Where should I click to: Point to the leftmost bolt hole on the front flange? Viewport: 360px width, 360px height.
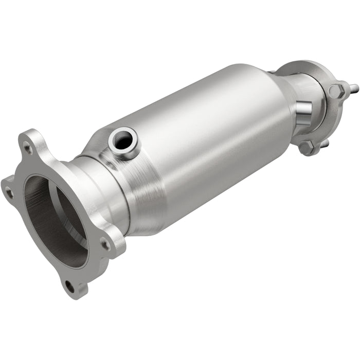(x=9, y=193)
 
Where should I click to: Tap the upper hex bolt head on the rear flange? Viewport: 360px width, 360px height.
(x=337, y=92)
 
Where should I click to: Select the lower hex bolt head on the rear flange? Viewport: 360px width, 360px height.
(x=307, y=148)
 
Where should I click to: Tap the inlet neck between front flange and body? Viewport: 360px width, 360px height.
(x=100, y=185)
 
